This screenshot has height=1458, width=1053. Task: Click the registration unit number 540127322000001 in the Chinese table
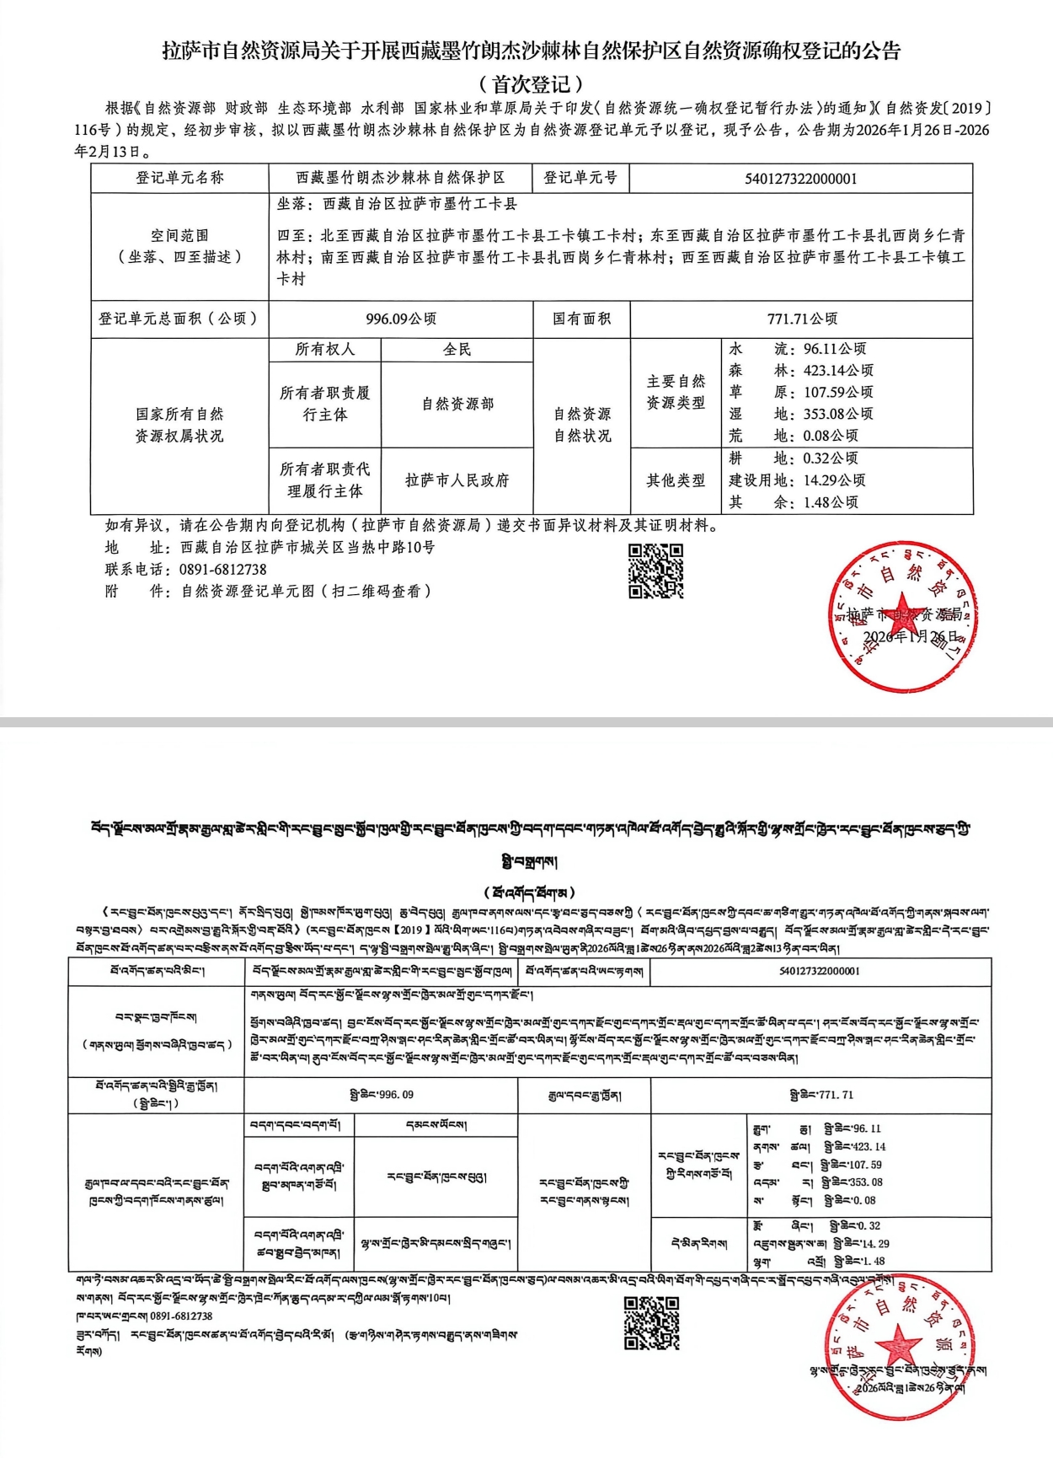point(800,179)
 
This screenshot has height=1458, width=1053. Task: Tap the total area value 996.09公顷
point(401,319)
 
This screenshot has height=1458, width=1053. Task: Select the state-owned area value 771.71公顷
point(802,319)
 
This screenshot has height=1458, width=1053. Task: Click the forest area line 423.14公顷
point(801,370)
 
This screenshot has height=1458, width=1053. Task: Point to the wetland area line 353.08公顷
point(801,414)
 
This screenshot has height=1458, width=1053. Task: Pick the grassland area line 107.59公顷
point(801,392)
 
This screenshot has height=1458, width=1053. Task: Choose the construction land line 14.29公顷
point(797,480)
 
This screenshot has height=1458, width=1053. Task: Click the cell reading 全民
point(457,350)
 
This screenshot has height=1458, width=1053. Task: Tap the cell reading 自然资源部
point(457,405)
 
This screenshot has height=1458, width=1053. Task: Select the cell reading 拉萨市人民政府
point(457,480)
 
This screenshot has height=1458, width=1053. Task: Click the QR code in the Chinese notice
point(655,571)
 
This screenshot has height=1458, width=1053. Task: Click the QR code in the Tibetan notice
point(651,1323)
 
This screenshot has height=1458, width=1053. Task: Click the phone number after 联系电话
point(222,570)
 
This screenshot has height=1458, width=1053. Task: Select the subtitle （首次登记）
point(531,84)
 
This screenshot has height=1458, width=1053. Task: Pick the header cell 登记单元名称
point(179,179)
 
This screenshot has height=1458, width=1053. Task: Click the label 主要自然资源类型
point(676,393)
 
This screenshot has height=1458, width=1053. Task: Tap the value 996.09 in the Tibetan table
point(382,1095)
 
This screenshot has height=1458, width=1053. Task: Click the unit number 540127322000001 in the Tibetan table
point(820,971)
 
